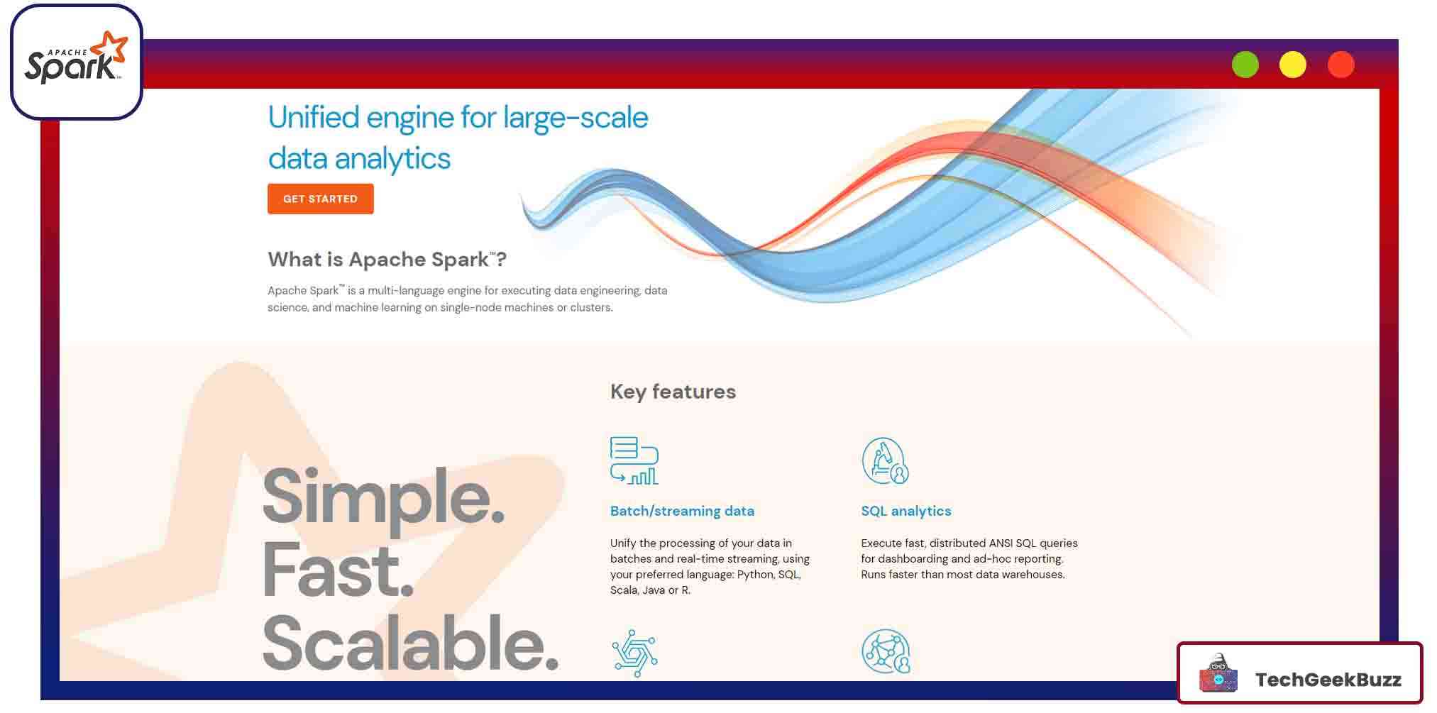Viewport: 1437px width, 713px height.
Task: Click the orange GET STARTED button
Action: point(320,199)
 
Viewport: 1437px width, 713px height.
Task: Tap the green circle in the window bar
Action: point(1245,65)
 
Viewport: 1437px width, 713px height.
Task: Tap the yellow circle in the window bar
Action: point(1292,65)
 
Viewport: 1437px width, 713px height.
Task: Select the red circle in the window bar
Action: point(1340,65)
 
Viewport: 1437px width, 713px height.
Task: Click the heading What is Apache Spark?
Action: point(387,260)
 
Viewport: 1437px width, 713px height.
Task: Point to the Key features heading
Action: point(673,392)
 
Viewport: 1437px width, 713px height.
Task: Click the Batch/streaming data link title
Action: point(682,511)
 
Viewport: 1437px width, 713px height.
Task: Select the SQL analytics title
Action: point(905,511)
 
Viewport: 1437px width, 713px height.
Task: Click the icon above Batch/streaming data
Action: point(634,460)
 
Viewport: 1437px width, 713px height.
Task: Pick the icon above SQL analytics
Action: point(885,460)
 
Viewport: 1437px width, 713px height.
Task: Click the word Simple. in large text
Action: point(383,497)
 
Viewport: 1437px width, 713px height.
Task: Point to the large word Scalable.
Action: point(410,643)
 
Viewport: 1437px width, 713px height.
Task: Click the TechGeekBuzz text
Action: point(1328,680)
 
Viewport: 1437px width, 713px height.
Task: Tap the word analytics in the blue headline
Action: point(392,159)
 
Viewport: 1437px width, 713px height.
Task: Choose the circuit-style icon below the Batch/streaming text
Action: point(634,652)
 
